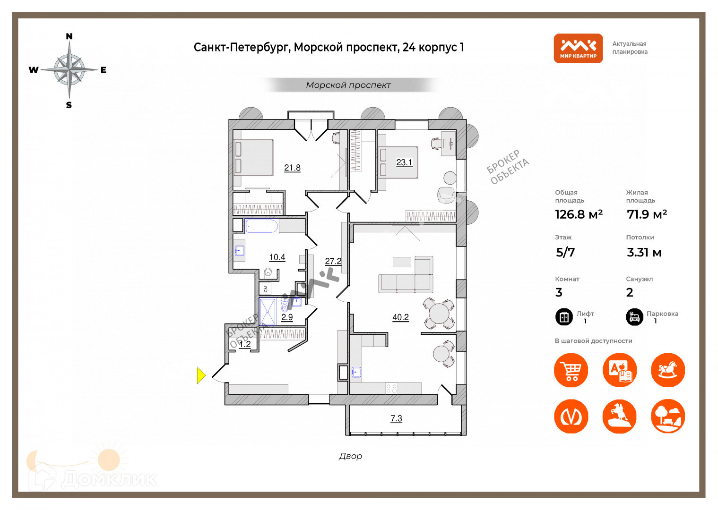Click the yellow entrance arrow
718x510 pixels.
coord(201,375)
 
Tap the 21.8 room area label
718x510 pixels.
coord(292,168)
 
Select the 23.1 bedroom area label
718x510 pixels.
coord(404,162)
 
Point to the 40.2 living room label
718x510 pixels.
coord(400,317)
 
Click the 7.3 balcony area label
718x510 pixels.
coord(396,418)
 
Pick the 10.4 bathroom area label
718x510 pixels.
coord(277,257)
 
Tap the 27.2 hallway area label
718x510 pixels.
coord(333,261)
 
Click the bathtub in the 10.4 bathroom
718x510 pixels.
coord(261,226)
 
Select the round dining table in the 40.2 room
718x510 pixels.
coord(439,313)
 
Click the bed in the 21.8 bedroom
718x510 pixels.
coord(254,158)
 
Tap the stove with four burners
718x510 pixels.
coord(391,389)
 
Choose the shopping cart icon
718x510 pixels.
coord(571,370)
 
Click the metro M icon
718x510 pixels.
coord(571,416)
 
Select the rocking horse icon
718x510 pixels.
coord(667,370)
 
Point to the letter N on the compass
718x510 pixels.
coord(69,36)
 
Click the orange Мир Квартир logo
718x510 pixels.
coord(578,48)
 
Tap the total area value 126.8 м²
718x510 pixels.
coord(579,214)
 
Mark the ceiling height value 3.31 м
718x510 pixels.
coord(644,253)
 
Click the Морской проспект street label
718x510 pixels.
coord(348,85)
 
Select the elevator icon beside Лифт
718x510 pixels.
coord(564,317)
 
